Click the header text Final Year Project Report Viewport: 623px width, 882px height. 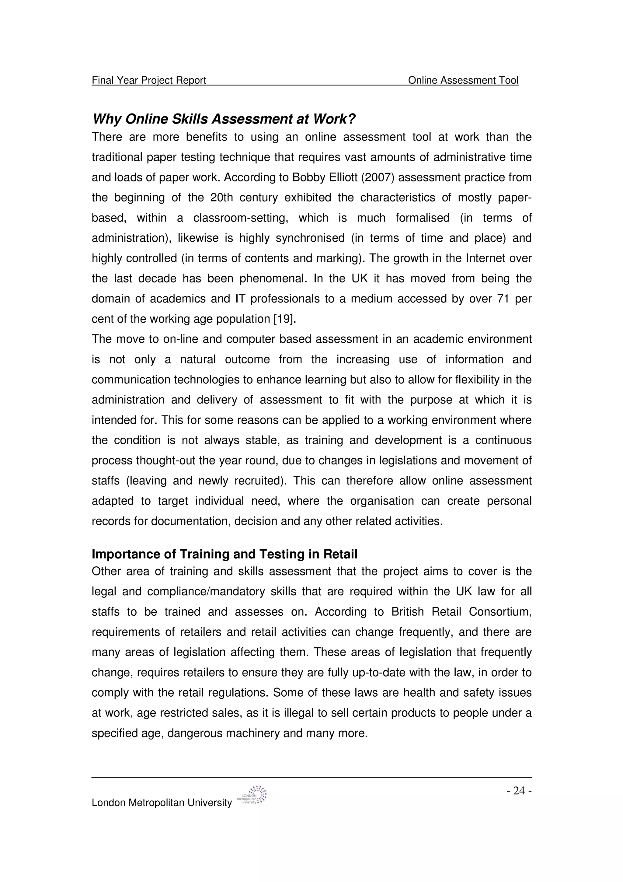tap(149, 80)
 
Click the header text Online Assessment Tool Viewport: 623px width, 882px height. tap(463, 80)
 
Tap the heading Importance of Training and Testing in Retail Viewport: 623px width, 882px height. tap(224, 554)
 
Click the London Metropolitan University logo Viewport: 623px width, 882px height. tap(252, 796)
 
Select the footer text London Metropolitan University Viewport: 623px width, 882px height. tap(162, 803)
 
